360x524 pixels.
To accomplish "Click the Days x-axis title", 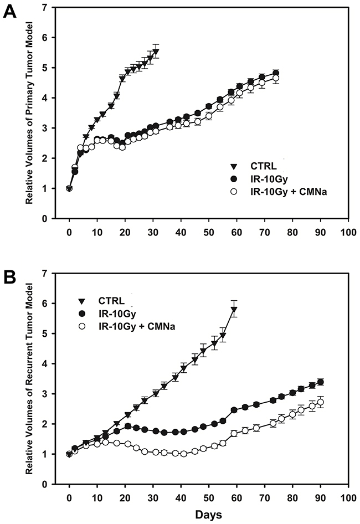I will [208, 515].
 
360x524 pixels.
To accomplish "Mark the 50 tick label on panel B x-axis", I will [208, 495].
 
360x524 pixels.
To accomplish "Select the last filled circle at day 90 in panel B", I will [320, 382].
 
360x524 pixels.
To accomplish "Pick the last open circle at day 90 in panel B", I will [320, 402].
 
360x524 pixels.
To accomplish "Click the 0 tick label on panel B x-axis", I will [69, 495].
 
